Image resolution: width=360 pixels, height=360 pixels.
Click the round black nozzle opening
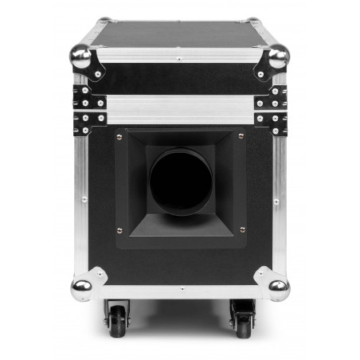179,183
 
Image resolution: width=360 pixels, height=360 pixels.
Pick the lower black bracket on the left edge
87,121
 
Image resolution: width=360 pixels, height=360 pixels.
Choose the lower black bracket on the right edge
272,121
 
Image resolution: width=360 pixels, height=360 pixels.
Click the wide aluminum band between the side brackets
179,110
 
